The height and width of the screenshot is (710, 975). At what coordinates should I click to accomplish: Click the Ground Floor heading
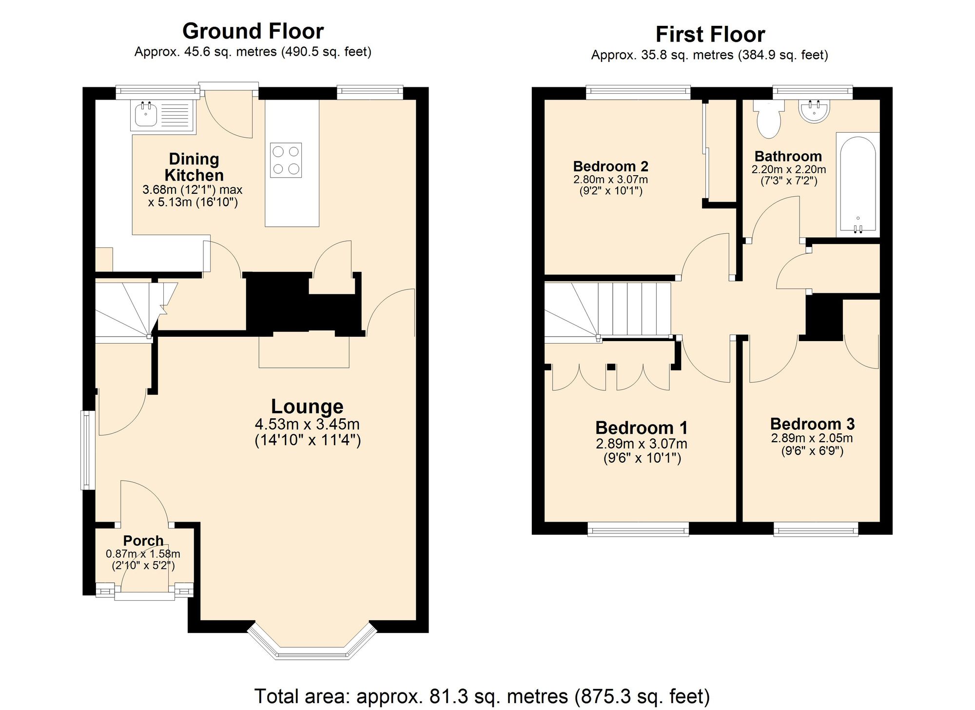[253, 31]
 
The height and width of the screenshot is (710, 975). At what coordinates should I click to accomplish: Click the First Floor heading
[710, 35]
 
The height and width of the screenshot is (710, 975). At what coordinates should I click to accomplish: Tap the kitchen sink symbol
[144, 117]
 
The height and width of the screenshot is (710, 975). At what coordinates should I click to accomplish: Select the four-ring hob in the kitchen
[286, 160]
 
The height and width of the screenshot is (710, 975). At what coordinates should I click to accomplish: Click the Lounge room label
[307, 406]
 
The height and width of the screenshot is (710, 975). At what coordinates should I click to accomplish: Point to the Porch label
[143, 541]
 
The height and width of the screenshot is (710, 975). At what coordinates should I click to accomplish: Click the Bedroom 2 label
[610, 166]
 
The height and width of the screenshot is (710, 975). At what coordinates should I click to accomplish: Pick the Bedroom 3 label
[812, 424]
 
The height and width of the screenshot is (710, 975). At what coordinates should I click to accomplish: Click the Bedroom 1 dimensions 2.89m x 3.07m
[642, 444]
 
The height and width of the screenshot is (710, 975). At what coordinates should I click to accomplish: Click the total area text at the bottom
[482, 696]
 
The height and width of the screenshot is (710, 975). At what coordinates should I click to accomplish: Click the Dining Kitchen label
[194, 167]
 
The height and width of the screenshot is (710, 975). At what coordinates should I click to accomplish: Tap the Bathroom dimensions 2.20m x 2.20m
[788, 170]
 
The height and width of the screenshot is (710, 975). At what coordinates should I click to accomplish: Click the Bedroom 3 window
[816, 529]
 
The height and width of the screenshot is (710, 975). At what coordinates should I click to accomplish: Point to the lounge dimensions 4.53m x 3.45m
[307, 424]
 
